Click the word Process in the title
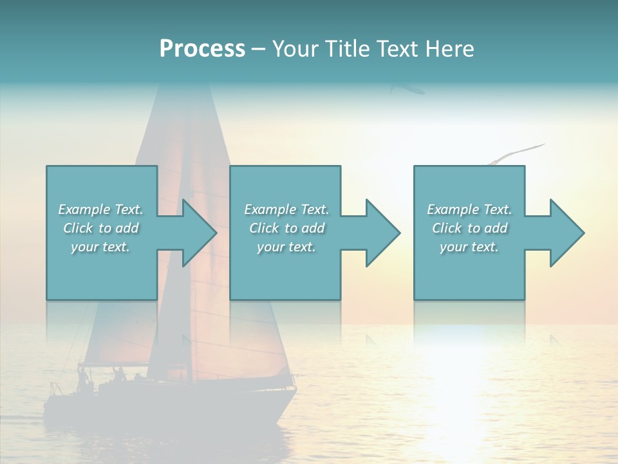point(202,48)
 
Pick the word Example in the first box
point(84,209)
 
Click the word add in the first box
point(127,228)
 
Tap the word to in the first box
point(105,228)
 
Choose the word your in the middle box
point(270,247)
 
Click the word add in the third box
point(496,228)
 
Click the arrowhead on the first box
point(200,233)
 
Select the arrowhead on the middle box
point(383,233)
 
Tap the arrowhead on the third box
point(567,233)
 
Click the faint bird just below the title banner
point(407,89)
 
